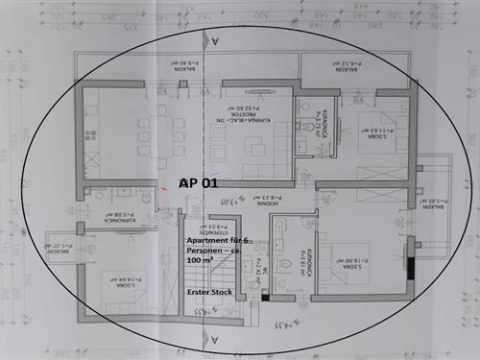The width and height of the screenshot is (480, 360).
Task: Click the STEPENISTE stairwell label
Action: click(204, 231)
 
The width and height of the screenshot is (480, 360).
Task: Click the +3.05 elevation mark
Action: click(227, 203)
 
